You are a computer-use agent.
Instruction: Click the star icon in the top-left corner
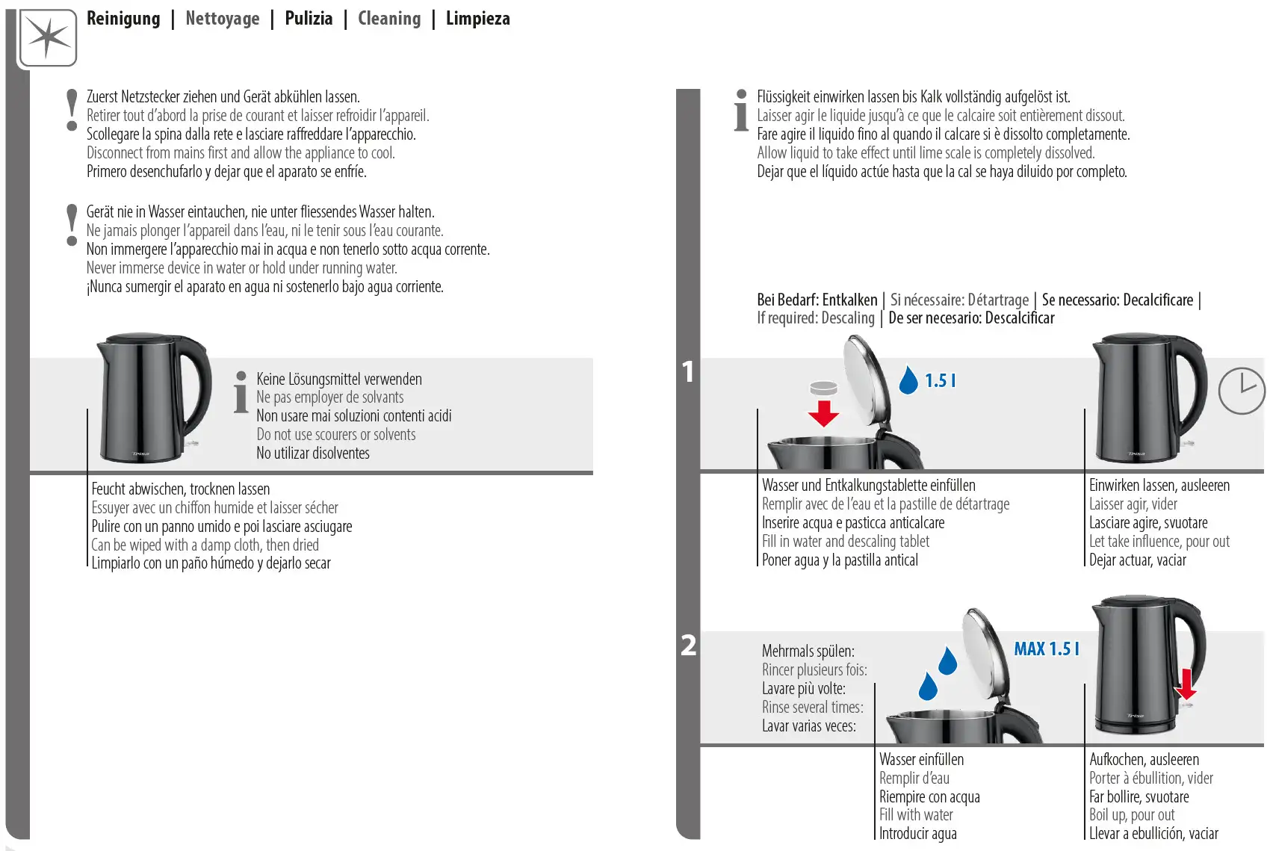click(48, 37)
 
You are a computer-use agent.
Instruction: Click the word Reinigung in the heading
click(123, 19)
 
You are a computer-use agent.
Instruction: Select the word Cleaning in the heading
click(389, 19)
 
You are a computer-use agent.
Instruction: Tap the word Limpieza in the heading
click(478, 19)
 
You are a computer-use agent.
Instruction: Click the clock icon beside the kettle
click(1241, 390)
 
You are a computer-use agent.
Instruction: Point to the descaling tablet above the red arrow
click(823, 388)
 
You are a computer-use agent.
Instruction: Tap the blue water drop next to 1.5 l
click(908, 380)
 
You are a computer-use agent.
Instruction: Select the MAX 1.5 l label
click(1046, 649)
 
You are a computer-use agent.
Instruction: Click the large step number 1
click(688, 372)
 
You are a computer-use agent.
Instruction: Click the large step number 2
click(688, 646)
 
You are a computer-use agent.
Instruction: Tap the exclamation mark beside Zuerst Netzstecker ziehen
click(72, 110)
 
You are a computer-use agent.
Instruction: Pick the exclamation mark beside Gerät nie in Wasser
click(72, 225)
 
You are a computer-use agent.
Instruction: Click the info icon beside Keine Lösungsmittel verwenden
click(241, 392)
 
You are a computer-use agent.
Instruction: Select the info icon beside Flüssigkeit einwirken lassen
click(741, 111)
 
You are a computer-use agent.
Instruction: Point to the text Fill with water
click(916, 815)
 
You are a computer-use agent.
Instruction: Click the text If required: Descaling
click(815, 318)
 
